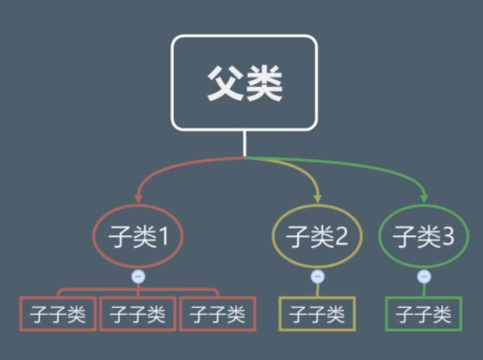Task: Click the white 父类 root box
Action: coord(244,82)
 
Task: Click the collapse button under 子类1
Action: coord(138,276)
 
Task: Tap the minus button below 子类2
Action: coord(317,276)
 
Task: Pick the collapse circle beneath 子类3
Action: coord(424,276)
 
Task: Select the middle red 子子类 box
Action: coord(138,314)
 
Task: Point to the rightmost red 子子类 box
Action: coord(217,314)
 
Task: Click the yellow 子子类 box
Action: coord(317,314)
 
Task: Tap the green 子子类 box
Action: coord(423,314)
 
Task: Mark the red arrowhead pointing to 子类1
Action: coord(138,198)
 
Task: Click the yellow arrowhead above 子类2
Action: coord(317,198)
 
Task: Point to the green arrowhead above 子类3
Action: coord(424,198)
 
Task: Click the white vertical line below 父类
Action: coord(244,143)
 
